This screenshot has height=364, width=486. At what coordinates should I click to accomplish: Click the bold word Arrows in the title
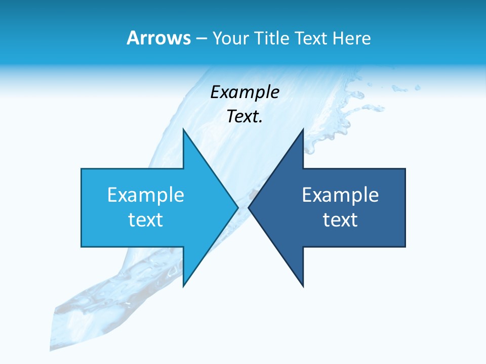point(158,38)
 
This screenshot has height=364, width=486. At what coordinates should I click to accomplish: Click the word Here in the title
point(351,38)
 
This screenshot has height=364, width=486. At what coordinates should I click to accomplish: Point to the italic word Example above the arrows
point(245,93)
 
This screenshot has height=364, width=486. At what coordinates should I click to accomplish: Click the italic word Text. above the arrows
point(245,117)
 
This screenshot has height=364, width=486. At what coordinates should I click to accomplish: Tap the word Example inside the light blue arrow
point(146,195)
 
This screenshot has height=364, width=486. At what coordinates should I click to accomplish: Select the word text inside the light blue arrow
point(146,220)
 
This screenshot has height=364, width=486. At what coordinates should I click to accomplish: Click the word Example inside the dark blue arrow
point(340,195)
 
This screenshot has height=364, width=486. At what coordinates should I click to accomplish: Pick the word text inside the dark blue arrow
point(340,220)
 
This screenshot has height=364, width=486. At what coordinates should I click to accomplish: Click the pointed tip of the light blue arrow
point(237,207)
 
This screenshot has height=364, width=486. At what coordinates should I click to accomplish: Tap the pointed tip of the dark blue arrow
point(249,207)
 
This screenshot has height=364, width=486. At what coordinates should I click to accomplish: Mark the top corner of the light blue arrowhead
point(183,129)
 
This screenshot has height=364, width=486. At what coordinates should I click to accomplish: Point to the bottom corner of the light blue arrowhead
point(183,286)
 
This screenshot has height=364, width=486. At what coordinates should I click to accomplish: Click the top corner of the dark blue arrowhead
point(303,129)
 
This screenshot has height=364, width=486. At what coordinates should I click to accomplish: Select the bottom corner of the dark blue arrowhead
point(303,286)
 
